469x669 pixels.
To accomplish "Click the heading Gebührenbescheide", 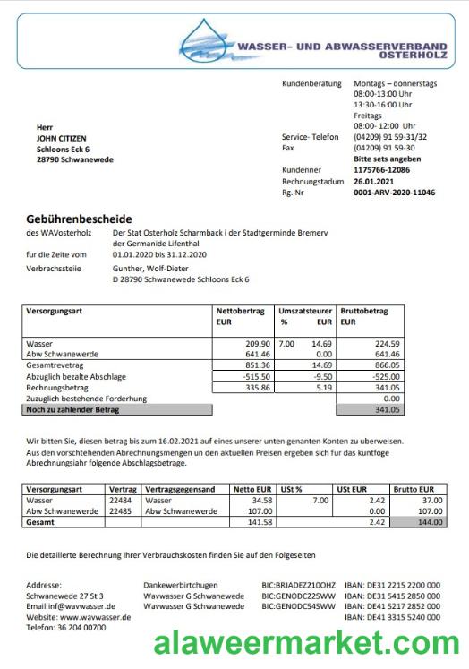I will click(80, 218).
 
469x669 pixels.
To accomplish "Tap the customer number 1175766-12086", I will click(382, 169).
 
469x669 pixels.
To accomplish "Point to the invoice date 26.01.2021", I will click(374, 181).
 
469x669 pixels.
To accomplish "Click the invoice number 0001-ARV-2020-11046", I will click(395, 193).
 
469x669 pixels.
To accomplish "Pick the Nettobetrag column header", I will click(240, 310).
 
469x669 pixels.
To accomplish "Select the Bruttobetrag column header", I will click(363, 310).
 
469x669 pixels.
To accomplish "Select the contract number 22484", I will click(122, 500).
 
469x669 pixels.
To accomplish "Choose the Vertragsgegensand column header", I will click(180, 490).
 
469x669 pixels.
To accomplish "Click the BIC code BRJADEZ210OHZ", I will click(298, 585).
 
